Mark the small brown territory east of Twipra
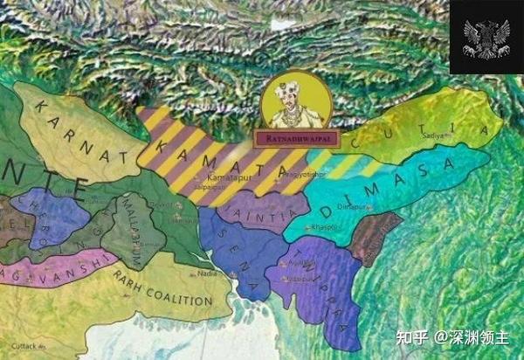tap(374, 235)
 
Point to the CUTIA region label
tap(419, 134)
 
